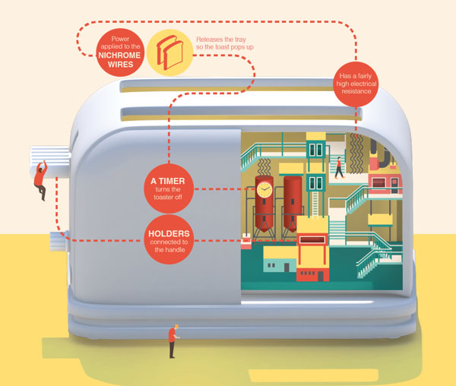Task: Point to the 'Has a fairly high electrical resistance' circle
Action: click(x=356, y=81)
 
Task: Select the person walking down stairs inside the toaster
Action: click(x=340, y=165)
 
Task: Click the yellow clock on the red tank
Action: click(x=264, y=190)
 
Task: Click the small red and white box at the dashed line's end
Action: click(x=245, y=242)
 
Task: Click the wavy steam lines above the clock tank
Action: click(x=264, y=166)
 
